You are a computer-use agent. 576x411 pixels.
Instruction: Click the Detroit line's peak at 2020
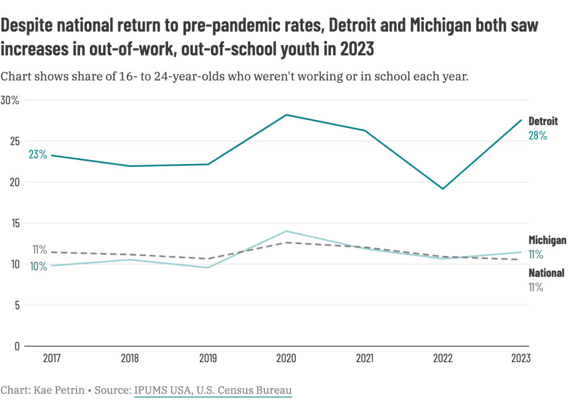pyautogui.click(x=286, y=115)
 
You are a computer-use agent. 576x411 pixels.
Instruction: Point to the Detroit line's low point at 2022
pyautogui.click(x=443, y=189)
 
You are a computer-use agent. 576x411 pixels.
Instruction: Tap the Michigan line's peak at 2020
pyautogui.click(x=286, y=231)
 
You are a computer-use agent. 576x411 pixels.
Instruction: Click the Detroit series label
pyautogui.click(x=542, y=121)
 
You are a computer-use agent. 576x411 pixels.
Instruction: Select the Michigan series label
pyautogui.click(x=547, y=240)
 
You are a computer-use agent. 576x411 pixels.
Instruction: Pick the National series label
pyautogui.click(x=546, y=273)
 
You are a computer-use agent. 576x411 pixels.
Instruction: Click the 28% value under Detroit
pyautogui.click(x=537, y=136)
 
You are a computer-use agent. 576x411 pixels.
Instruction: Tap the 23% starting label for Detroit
pyautogui.click(x=38, y=155)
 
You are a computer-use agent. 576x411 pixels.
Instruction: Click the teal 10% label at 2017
pyautogui.click(x=38, y=266)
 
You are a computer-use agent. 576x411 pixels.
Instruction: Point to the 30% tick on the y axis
pyautogui.click(x=10, y=101)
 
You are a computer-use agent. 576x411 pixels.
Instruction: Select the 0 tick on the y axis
pyautogui.click(x=17, y=346)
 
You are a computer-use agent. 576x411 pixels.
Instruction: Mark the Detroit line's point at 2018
pyautogui.click(x=130, y=166)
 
